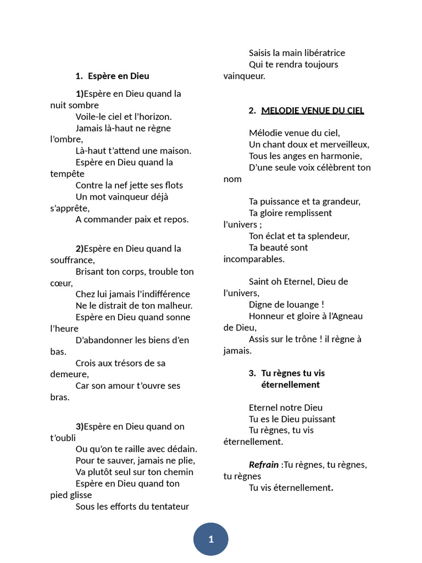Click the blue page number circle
[210, 539]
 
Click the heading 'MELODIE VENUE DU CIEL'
[312, 111]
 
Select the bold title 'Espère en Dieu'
[118, 76]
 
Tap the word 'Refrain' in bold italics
[264, 465]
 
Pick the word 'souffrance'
[72, 260]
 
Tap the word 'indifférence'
[163, 294]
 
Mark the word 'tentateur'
[168, 506]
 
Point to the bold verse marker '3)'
[80, 426]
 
